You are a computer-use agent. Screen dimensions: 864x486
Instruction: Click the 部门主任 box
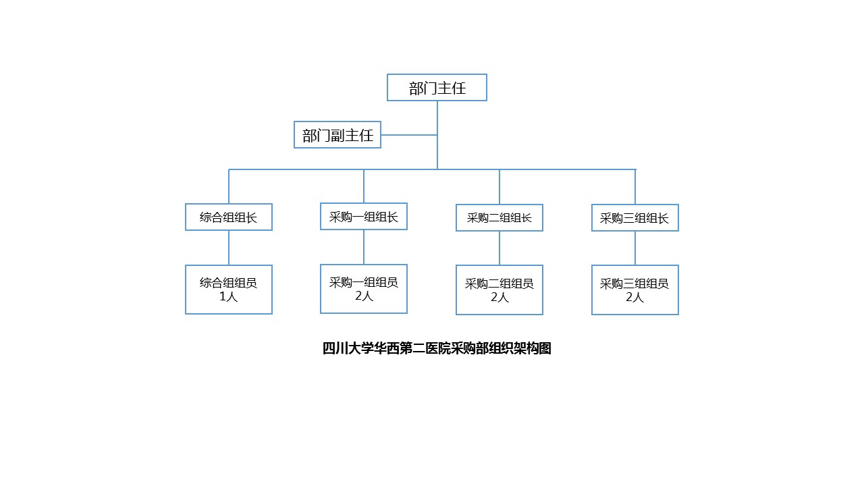(437, 88)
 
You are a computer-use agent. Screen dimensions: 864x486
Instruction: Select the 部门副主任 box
(337, 134)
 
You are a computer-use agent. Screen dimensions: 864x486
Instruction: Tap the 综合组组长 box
(229, 217)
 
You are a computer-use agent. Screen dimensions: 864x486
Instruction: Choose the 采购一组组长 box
(364, 217)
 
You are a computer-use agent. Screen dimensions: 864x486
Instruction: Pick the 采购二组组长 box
(500, 218)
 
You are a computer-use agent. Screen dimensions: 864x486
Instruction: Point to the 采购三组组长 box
(635, 218)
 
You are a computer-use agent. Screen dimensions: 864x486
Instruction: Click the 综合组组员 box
(229, 290)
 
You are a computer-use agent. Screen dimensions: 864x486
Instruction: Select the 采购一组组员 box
(364, 289)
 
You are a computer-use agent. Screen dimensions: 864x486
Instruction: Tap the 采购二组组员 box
(500, 290)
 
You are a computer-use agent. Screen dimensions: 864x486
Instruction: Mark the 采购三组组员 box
(635, 290)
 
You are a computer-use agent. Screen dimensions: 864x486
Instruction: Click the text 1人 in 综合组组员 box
(228, 296)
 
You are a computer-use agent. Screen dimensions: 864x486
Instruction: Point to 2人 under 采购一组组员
(364, 296)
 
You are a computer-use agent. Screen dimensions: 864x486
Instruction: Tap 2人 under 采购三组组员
(635, 298)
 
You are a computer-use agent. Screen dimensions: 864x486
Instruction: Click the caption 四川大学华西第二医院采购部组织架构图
(437, 348)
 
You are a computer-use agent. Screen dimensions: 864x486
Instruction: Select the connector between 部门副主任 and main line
(409, 135)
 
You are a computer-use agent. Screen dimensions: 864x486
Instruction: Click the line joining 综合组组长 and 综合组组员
(229, 248)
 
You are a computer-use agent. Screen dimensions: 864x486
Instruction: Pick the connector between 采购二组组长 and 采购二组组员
(500, 248)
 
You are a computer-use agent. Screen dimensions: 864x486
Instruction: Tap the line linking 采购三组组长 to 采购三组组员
(635, 248)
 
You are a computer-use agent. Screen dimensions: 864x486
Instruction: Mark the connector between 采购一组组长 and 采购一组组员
(364, 247)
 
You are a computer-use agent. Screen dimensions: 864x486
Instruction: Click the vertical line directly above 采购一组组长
(364, 186)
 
